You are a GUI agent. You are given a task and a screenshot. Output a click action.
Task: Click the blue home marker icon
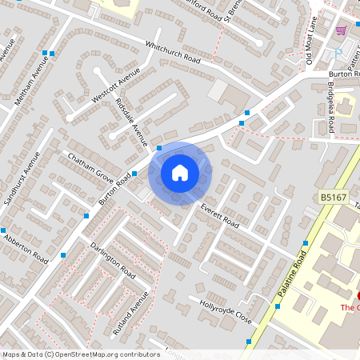(180, 172)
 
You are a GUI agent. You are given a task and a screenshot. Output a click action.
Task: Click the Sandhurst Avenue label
(22, 177)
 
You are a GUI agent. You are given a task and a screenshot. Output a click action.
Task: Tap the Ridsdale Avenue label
(132, 122)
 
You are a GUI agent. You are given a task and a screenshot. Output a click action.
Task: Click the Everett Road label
(220, 214)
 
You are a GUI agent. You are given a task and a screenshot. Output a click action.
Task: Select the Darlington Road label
(111, 260)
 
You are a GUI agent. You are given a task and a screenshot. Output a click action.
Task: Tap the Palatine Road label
(292, 274)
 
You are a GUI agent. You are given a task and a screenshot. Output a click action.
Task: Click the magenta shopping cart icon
(342, 30)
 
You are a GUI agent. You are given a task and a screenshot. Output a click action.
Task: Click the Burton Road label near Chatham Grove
(115, 190)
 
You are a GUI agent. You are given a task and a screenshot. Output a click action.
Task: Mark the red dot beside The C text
(357, 296)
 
